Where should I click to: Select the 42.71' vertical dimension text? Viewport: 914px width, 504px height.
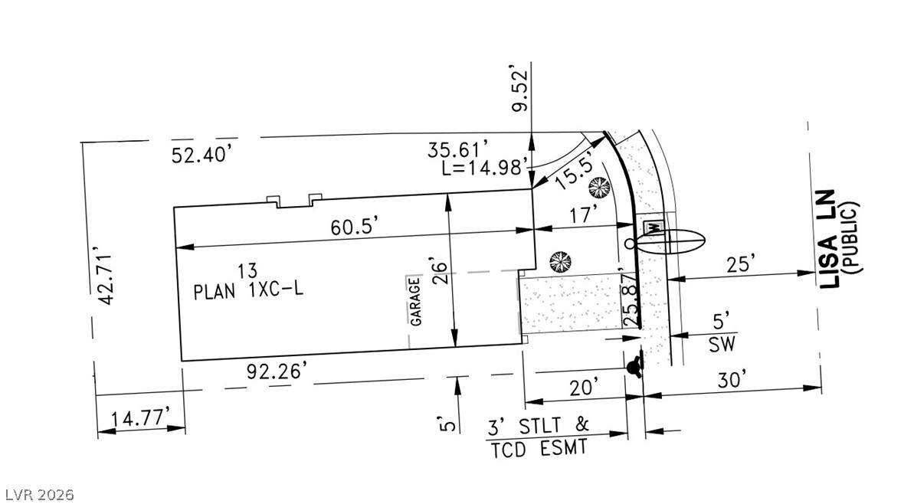pos(106,278)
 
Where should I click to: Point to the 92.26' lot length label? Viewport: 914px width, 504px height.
pos(277,371)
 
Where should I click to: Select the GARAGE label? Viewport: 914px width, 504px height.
pos(415,301)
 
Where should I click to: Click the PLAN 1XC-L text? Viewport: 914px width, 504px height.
pos(248,290)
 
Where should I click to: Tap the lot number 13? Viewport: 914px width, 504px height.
pos(247,270)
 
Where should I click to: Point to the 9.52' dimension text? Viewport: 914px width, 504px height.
pos(520,90)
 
